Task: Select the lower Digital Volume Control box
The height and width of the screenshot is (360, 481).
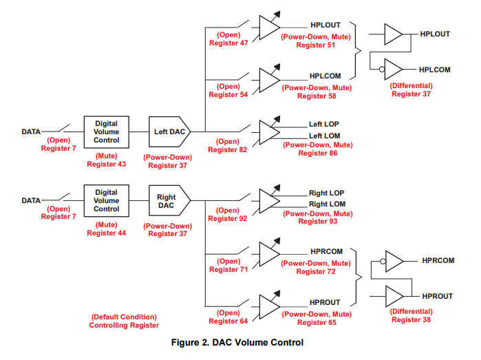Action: click(106, 200)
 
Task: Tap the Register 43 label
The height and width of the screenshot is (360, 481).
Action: click(106, 165)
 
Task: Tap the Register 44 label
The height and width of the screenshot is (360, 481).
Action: click(106, 233)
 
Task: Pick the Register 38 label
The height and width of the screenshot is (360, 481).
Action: click(411, 320)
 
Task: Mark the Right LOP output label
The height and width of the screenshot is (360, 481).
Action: click(326, 193)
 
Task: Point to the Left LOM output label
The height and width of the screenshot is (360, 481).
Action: click(324, 136)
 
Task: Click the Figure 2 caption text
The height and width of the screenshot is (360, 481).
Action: click(238, 342)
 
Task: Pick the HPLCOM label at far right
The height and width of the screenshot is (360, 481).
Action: click(434, 70)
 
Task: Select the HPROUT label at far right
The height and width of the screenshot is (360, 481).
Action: click(437, 296)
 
